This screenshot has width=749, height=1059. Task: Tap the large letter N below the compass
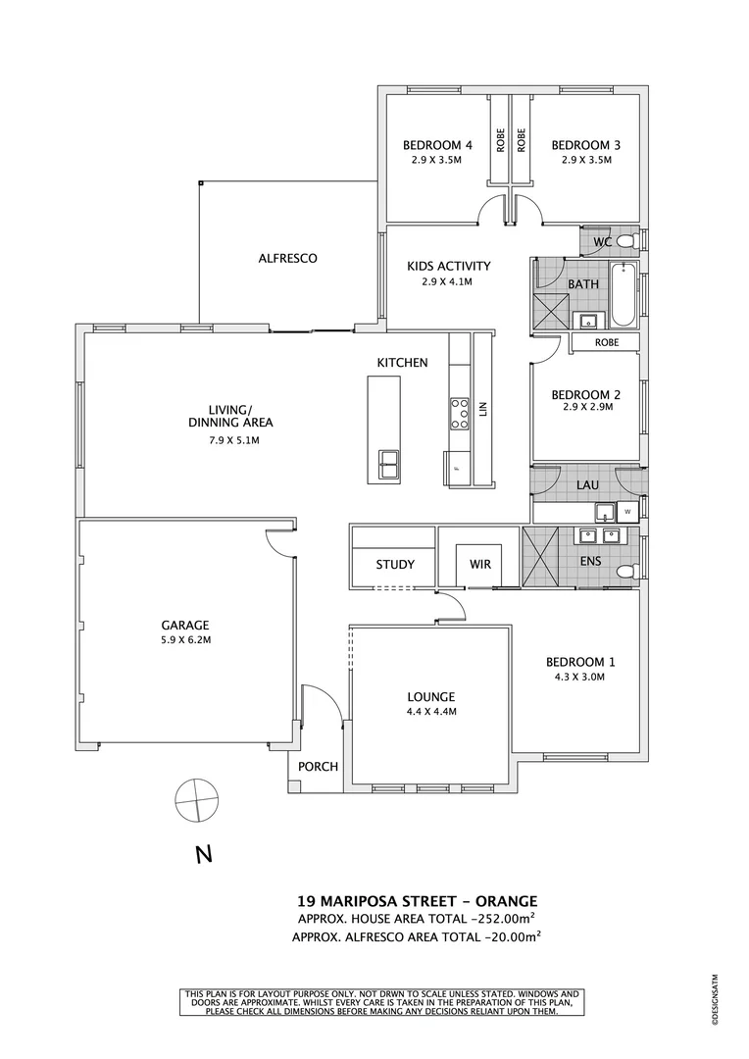(204, 855)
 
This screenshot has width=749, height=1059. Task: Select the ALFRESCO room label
(287, 259)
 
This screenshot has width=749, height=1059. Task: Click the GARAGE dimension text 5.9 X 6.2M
(186, 640)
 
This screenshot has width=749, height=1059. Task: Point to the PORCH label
(320, 767)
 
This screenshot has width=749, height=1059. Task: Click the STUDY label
(395, 565)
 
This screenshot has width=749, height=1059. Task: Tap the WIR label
(480, 565)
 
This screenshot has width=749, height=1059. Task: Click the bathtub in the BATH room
(622, 295)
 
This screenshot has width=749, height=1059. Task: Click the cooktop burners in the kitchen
(459, 413)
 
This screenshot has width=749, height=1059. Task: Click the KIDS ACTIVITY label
(448, 266)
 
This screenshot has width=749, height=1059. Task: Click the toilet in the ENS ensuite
(624, 571)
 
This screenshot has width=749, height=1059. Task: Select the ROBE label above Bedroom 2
(607, 343)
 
